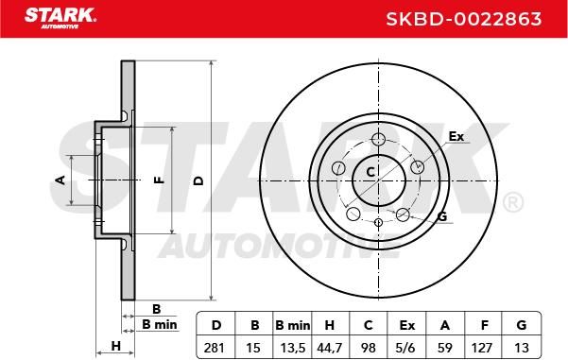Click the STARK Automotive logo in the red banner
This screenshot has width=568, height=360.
60,18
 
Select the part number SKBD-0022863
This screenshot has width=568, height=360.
464,19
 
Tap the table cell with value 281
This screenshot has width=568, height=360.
215,348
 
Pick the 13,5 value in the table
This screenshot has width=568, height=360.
293,349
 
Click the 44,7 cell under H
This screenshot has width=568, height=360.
329,349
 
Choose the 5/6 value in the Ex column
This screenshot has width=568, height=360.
405,348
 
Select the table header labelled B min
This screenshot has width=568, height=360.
292,325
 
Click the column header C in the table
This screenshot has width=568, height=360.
368,325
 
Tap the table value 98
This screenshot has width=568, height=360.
369,348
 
